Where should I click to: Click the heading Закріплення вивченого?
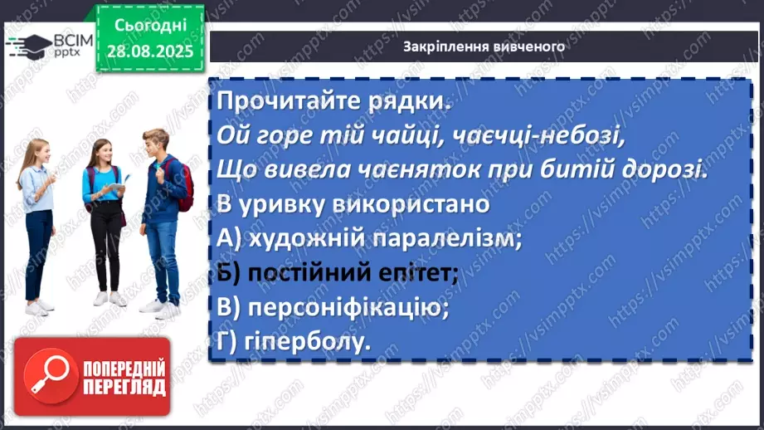(484, 46)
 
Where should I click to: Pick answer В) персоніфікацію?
(332, 307)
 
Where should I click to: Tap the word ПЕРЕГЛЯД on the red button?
(124, 388)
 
